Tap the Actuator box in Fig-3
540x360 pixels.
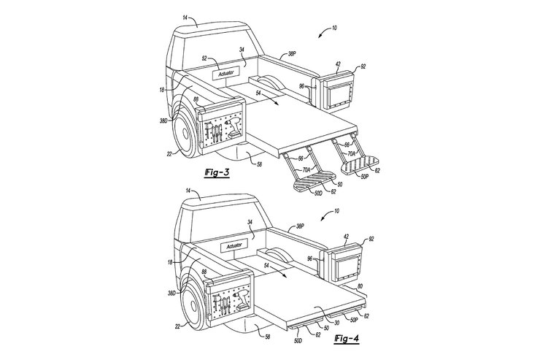point(227,74)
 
